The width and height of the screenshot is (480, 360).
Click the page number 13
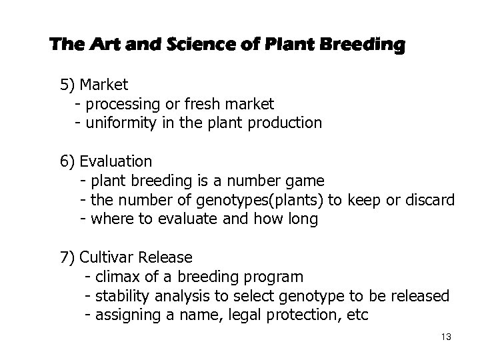point(446,337)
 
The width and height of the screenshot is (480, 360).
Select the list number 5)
point(68,85)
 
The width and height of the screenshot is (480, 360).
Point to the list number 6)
point(68,161)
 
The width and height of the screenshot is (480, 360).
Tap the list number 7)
point(68,257)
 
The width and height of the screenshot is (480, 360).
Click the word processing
point(122,105)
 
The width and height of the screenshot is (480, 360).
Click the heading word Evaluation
point(115,161)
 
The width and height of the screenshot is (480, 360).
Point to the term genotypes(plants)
point(238,200)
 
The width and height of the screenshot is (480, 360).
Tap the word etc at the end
point(357,315)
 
